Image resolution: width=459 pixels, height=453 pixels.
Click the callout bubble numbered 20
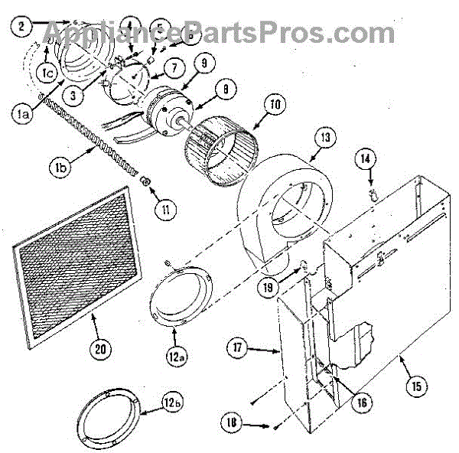[99, 349]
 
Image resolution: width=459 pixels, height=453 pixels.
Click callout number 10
[276, 104]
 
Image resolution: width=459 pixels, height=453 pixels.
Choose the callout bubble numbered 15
[416, 386]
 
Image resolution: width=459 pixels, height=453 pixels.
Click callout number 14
[366, 158]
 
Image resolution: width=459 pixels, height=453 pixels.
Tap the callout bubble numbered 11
[161, 206]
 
